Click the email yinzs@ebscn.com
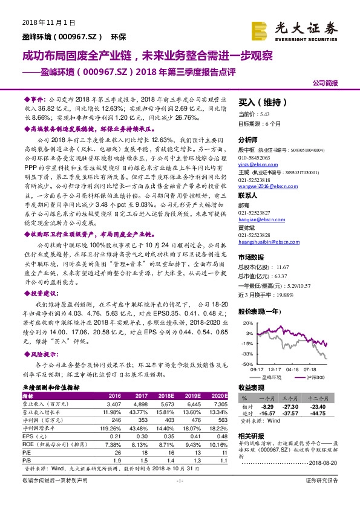252,164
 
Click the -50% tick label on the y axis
241,365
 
